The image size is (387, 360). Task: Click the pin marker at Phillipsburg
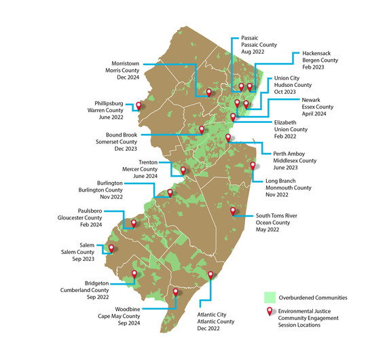(139, 105)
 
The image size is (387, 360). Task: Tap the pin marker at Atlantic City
(210, 275)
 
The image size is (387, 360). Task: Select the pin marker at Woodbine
(176, 293)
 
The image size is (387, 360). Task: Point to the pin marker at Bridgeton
(134, 274)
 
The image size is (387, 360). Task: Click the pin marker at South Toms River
(233, 211)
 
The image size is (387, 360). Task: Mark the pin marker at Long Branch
(253, 166)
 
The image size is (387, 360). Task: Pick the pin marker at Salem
(111, 249)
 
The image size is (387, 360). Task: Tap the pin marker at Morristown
(209, 92)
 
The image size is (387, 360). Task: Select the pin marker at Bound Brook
(201, 129)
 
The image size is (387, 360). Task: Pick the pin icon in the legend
(270, 311)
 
